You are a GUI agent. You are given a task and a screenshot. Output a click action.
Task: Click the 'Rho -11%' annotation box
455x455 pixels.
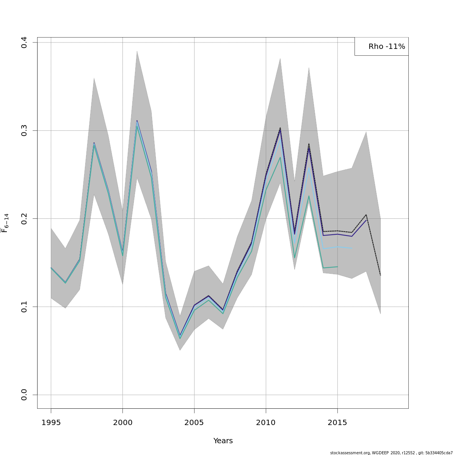pos(382,47)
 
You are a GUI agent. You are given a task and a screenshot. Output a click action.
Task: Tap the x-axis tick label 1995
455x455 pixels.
pos(51,422)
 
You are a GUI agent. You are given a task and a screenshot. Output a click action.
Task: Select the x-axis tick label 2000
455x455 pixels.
pos(122,422)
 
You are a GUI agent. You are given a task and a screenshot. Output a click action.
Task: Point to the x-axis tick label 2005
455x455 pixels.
pos(194,422)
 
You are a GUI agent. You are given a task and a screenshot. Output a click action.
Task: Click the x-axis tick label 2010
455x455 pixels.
pos(266,422)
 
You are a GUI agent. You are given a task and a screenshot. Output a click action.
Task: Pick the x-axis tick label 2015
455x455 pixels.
pos(337,422)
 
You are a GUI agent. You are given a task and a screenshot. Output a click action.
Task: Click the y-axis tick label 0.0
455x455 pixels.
pos(24,395)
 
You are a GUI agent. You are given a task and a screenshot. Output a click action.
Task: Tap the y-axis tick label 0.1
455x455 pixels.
pos(24,307)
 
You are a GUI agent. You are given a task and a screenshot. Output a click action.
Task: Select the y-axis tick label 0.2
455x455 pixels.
pos(24,219)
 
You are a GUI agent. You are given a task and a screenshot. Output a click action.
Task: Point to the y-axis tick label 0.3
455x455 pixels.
pos(24,130)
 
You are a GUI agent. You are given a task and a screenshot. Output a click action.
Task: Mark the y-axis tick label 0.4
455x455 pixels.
pos(24,42)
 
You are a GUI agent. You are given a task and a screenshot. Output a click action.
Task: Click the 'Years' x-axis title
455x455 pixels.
pos(223,441)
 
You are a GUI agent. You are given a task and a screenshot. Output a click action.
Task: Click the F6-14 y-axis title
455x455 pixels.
pos(5,223)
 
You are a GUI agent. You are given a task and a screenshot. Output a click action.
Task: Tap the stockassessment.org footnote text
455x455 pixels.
pos(391,453)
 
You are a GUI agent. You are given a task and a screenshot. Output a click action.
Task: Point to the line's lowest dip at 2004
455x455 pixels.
pos(180,336)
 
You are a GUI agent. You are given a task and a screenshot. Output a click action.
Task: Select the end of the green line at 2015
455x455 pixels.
pos(337,267)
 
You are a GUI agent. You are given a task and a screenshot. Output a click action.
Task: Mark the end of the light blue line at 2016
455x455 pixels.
pos(352,248)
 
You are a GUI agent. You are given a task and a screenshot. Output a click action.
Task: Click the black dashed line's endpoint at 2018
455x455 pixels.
pos(380,275)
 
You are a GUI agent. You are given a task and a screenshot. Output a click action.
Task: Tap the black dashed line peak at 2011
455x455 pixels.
pos(280,128)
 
